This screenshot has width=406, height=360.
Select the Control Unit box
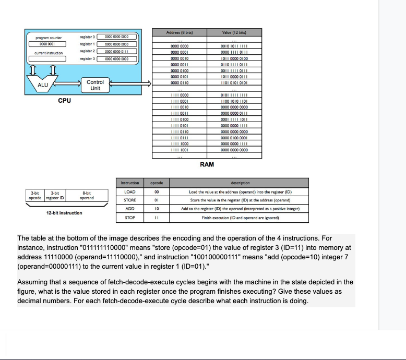tap(95, 85)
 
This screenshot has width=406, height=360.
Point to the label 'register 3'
tap(87, 58)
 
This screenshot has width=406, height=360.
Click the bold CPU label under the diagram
tap(64, 100)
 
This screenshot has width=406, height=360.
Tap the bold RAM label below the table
tap(207, 164)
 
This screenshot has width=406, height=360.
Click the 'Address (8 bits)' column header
tap(180, 33)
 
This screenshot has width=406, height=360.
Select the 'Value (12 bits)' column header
tap(234, 33)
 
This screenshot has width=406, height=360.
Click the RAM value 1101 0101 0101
tap(234, 82)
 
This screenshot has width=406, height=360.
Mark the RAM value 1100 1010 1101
tap(234, 101)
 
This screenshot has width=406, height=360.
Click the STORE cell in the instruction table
tap(129, 200)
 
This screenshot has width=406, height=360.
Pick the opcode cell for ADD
tap(157, 209)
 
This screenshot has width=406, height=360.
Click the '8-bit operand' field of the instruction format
tap(87, 196)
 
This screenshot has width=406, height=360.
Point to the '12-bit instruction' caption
tap(64, 213)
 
